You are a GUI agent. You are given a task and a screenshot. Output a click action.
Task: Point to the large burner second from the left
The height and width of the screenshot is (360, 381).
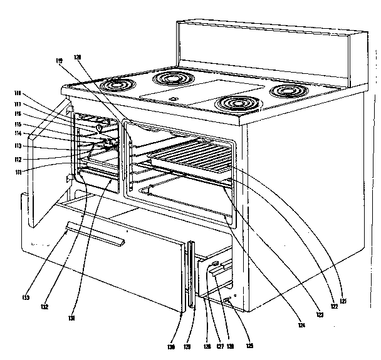pyautogui.click(x=173, y=78)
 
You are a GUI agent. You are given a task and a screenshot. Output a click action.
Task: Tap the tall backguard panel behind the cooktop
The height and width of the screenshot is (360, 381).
pyautogui.click(x=269, y=43)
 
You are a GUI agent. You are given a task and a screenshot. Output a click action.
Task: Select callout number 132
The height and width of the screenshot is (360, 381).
pyautogui.click(x=44, y=308)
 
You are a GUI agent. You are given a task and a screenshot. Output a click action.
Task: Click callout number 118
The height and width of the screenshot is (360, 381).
pyautogui.click(x=18, y=93)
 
